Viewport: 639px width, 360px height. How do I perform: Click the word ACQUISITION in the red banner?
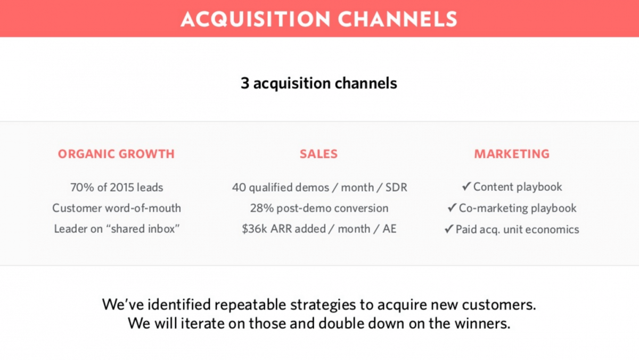click(x=256, y=19)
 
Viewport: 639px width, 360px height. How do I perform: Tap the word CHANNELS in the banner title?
click(x=398, y=19)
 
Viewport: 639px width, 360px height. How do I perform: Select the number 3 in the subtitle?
click(x=245, y=83)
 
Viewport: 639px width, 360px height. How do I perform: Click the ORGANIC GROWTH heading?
click(x=116, y=154)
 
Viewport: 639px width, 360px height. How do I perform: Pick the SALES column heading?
click(x=318, y=154)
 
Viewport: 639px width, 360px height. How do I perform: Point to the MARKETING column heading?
click(x=512, y=154)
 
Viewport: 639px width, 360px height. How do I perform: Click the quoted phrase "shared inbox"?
click(x=143, y=228)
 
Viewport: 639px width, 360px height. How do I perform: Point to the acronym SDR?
click(x=397, y=187)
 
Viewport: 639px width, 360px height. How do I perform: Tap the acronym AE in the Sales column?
click(x=390, y=228)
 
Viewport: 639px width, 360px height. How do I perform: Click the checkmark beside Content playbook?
click(x=466, y=186)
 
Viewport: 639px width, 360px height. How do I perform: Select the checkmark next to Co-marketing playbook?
click(x=452, y=207)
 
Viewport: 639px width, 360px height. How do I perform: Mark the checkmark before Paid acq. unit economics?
click(x=449, y=229)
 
